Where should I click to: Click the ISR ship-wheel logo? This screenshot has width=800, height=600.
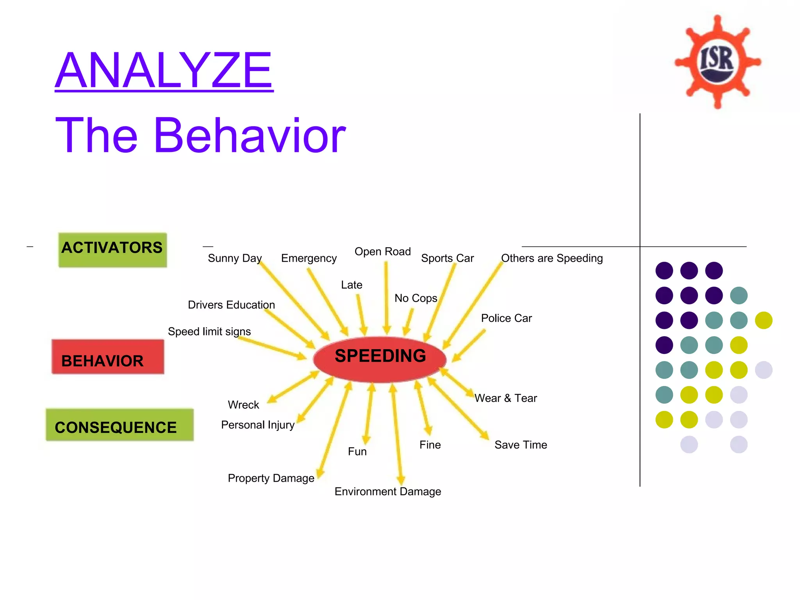(x=717, y=62)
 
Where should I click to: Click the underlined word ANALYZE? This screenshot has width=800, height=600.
(x=164, y=71)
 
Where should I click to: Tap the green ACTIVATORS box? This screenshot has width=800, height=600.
(x=112, y=250)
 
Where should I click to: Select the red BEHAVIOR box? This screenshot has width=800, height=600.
(x=108, y=357)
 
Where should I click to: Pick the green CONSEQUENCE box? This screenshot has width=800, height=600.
(x=120, y=425)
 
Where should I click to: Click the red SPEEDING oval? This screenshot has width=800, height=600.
(x=380, y=359)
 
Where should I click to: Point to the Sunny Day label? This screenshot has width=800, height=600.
(x=234, y=258)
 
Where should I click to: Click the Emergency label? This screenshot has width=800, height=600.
(x=309, y=258)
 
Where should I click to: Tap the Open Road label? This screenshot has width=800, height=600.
(x=382, y=252)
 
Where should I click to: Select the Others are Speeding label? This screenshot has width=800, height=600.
(x=552, y=258)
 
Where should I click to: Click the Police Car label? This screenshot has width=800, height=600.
(x=506, y=318)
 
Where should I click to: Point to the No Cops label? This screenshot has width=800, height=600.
(x=416, y=298)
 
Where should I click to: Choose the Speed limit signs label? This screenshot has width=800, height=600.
(x=209, y=331)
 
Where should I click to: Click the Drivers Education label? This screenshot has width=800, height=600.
(x=231, y=305)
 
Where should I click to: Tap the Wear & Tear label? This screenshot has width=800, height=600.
(x=505, y=398)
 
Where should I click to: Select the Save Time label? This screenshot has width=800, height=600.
(x=520, y=445)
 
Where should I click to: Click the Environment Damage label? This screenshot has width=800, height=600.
(x=387, y=491)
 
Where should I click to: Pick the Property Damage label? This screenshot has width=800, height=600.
(x=271, y=478)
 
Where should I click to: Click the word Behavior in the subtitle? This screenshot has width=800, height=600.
(x=250, y=135)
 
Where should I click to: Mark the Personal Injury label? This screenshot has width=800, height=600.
(x=257, y=425)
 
